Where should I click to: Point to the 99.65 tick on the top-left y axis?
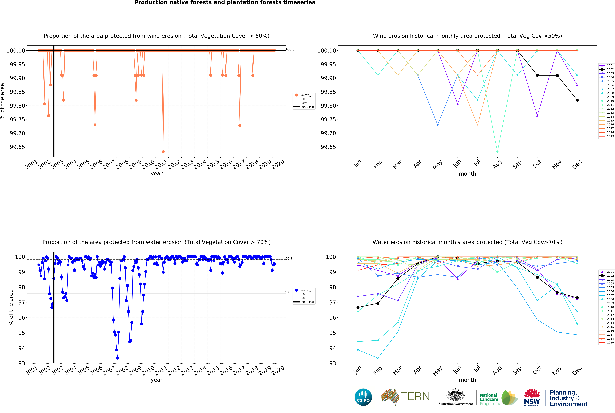coord(17,147)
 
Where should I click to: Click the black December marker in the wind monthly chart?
coord(577,100)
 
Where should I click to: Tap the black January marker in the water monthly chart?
coord(358,307)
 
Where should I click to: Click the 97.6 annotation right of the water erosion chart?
coord(289,292)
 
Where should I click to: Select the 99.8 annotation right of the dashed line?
coord(289,259)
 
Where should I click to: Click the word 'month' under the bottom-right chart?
coord(467,380)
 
